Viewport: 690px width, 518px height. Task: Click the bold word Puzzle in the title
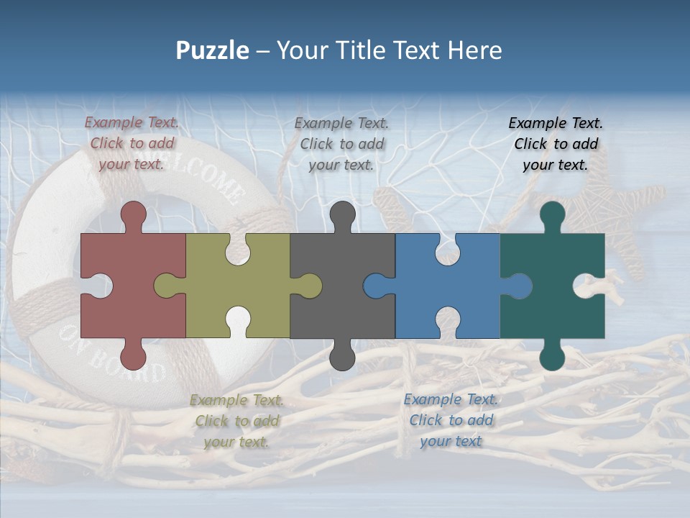click(212, 51)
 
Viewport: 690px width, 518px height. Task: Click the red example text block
click(132, 143)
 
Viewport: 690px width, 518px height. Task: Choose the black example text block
click(556, 144)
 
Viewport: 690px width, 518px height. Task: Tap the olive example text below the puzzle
click(236, 421)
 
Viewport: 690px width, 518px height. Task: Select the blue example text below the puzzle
click(451, 420)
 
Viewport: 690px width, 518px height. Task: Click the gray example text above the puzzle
click(341, 144)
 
